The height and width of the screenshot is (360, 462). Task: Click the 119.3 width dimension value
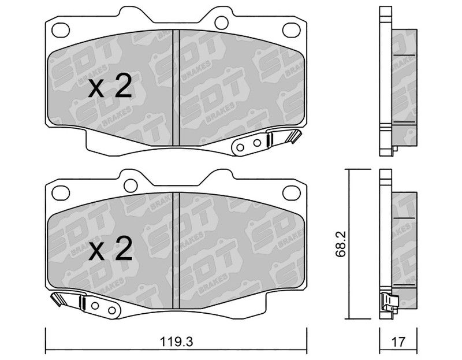tap(176, 342)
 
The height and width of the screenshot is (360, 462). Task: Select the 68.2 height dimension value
tap(341, 244)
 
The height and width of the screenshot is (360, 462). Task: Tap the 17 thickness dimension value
tap(398, 342)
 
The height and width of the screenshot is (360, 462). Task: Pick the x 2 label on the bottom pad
tap(110, 248)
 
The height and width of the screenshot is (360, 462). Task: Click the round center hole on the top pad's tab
tap(221, 22)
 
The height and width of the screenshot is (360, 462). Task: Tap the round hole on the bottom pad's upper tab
tap(131, 185)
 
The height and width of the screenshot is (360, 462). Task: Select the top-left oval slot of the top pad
tap(61, 30)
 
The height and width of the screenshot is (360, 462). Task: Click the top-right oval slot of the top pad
tap(292, 30)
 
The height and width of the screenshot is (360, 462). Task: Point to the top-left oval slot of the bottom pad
tap(61, 193)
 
